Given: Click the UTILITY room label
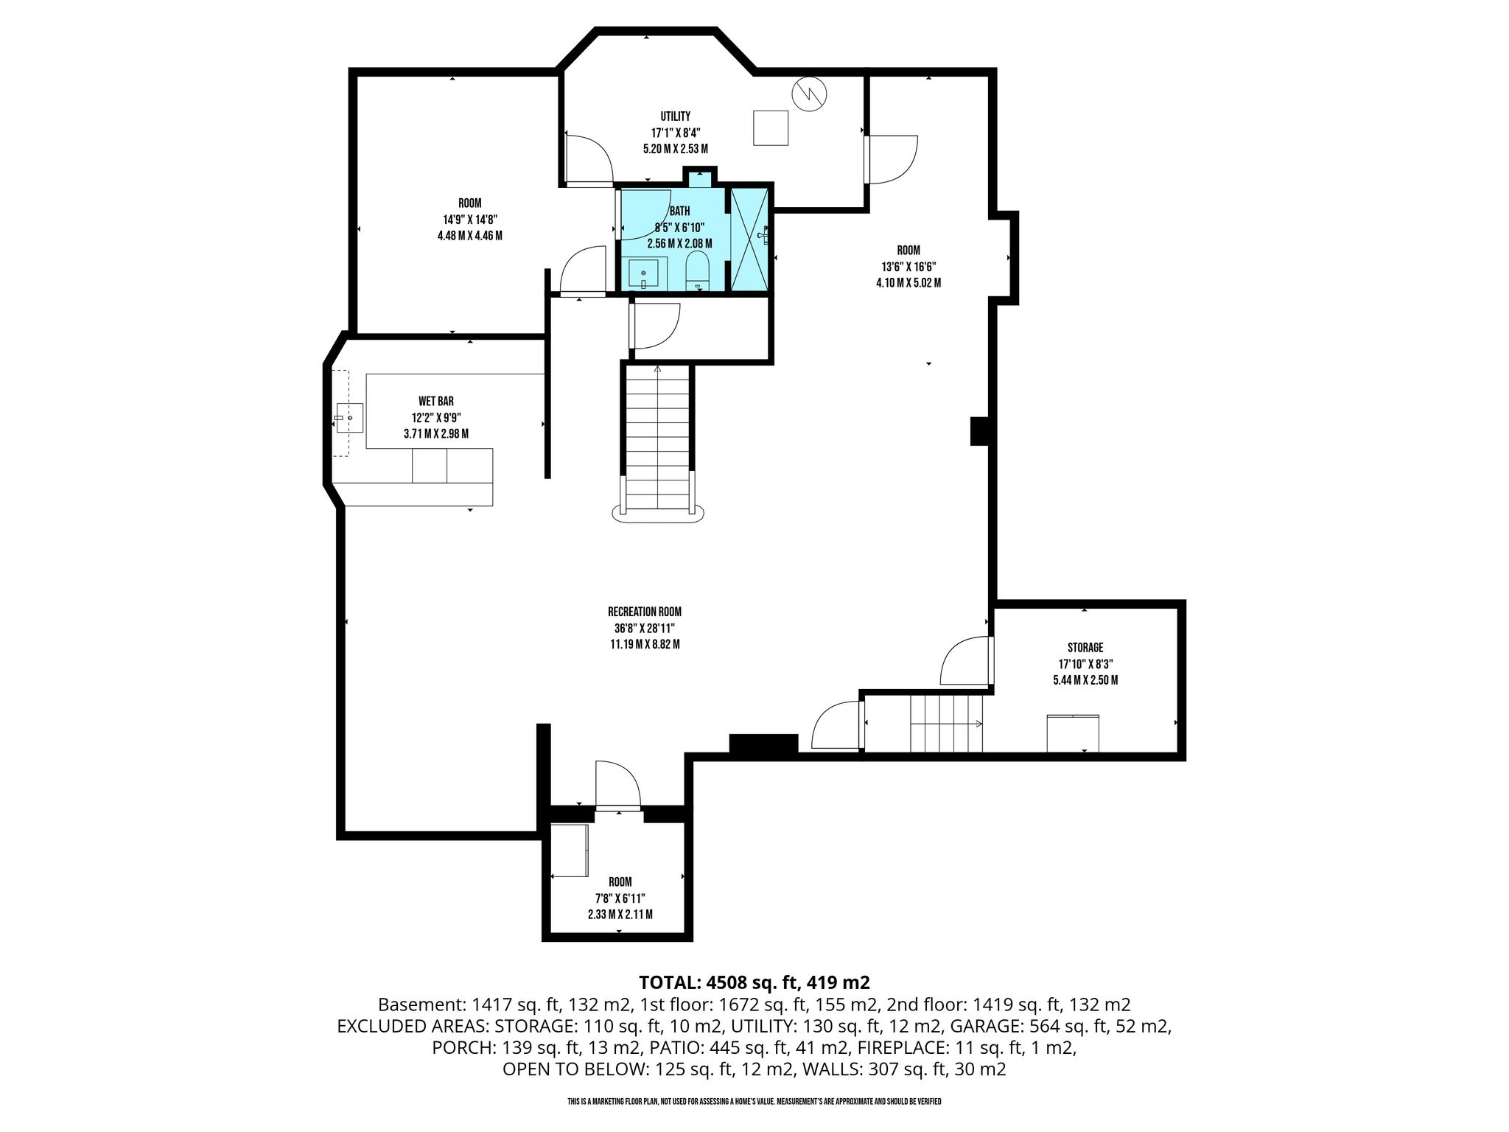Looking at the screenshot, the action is click(675, 116).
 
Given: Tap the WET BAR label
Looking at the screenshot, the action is click(436, 402).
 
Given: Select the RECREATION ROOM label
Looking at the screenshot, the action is click(645, 612).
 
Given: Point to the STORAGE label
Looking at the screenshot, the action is click(1085, 648).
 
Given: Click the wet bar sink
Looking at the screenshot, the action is click(349, 418).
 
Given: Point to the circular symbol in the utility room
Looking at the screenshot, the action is click(809, 94).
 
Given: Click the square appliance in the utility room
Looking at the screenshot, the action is click(771, 127).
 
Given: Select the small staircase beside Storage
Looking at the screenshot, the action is click(947, 723).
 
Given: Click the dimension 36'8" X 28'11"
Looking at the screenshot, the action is click(645, 628).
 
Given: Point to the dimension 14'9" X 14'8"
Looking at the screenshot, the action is click(469, 220).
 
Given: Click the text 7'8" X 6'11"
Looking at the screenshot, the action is click(620, 898).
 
